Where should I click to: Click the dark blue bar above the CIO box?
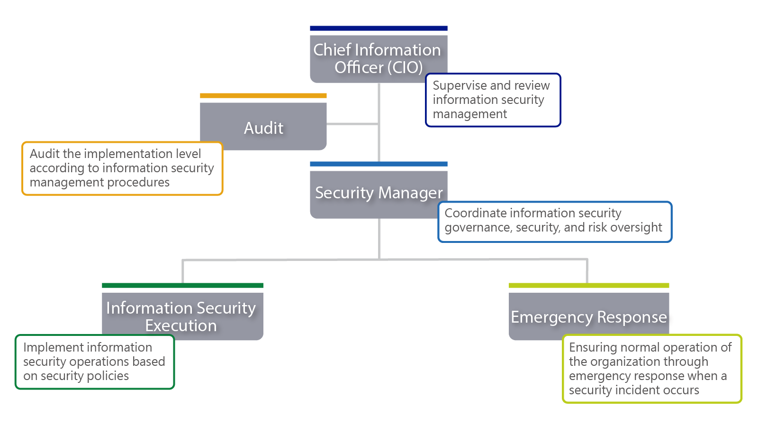click(379, 28)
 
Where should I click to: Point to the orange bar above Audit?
click(263, 96)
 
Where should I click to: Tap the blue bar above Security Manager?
click(379, 164)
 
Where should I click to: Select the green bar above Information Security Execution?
click(182, 286)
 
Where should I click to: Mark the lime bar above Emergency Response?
click(588, 286)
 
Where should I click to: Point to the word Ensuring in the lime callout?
click(590, 348)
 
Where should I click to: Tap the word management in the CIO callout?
click(469, 114)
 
